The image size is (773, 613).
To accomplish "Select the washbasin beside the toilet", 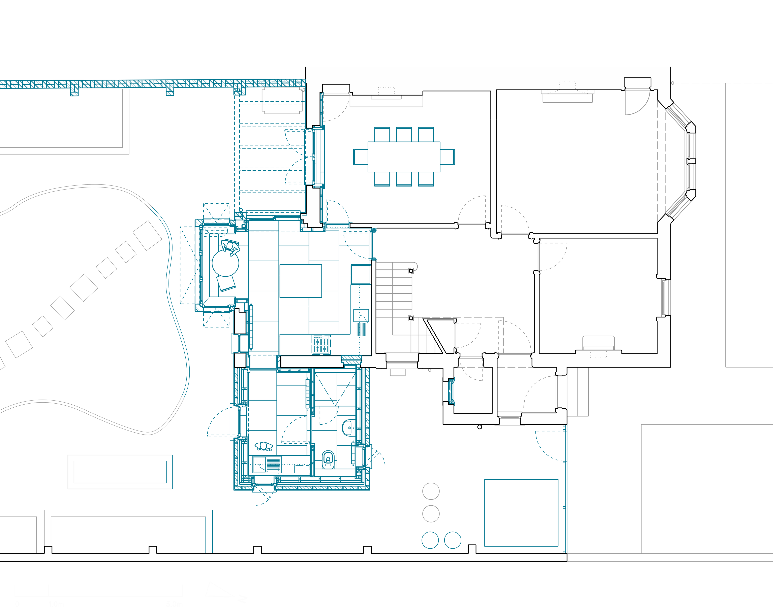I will (x=348, y=428).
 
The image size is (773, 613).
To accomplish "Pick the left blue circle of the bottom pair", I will (x=430, y=540).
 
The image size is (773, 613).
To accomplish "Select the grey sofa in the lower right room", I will (x=598, y=342).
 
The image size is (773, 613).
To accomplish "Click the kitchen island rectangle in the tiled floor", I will (x=301, y=281).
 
